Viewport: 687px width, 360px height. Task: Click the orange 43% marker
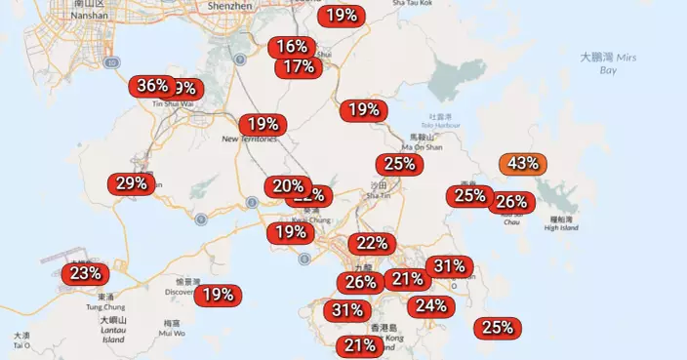tap(522, 163)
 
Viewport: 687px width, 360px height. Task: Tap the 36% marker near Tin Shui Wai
tap(152, 86)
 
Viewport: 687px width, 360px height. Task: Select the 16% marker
tap(292, 47)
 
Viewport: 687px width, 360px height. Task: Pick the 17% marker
tap(299, 66)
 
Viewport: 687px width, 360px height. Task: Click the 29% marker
tap(131, 183)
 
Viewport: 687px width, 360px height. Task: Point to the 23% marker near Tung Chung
tap(85, 273)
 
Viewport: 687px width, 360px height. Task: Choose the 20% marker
tap(288, 185)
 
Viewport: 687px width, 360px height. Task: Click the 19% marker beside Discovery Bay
tap(219, 294)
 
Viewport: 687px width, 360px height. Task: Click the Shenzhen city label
tap(230, 6)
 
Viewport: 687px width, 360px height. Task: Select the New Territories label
tap(250, 139)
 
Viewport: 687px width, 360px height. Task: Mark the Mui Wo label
tap(172, 333)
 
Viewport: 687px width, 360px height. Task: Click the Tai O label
tap(21, 344)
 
